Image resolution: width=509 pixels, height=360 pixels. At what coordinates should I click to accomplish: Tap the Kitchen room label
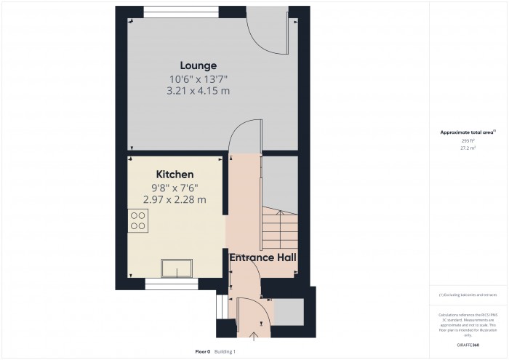coord(175,175)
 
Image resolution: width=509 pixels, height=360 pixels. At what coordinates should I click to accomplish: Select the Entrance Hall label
coord(262,257)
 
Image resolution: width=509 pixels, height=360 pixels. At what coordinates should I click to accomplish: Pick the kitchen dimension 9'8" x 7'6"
coord(175,188)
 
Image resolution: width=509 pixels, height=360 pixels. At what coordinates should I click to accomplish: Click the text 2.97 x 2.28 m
coord(175,199)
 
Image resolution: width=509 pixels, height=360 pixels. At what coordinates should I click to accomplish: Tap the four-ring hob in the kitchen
coord(138,220)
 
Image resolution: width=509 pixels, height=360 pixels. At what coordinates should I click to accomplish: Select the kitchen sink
coord(176,268)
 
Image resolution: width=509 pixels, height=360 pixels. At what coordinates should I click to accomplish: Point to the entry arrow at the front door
coord(253,336)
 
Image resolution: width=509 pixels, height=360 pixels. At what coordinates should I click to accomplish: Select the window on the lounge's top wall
coord(169,10)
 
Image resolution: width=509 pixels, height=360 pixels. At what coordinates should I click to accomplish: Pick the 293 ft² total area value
coord(468,140)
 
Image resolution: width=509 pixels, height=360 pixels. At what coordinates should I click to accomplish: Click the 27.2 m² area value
coord(468,148)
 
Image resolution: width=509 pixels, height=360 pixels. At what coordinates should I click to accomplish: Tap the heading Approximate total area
coord(468,132)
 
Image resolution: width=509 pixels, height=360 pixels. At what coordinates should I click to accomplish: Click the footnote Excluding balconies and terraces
coord(468,295)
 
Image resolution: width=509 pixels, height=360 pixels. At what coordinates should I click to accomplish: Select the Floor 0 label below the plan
coord(203,351)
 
